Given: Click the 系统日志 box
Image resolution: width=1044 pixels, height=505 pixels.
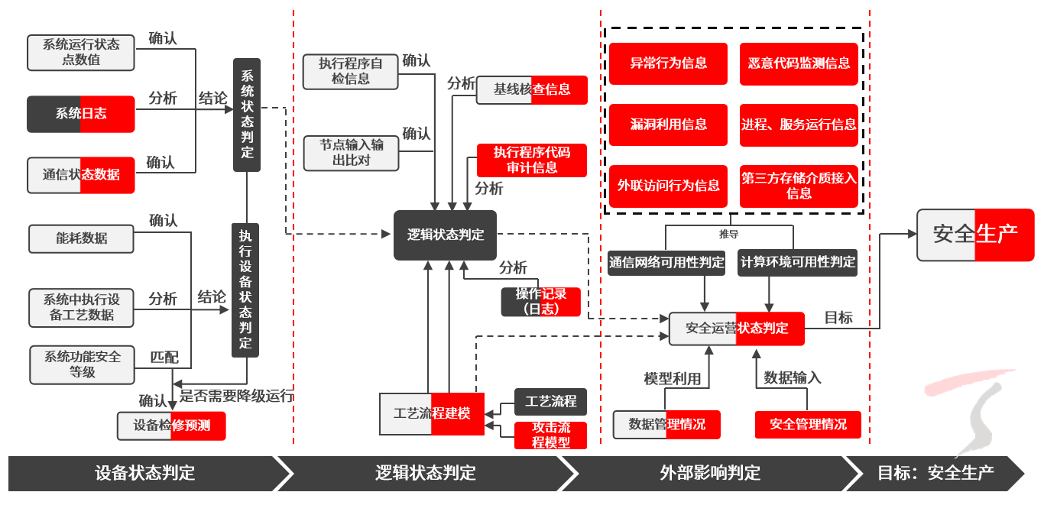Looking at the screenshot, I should pyautogui.click(x=81, y=114).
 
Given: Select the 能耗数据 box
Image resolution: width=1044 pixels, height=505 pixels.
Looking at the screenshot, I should pyautogui.click(x=81, y=238).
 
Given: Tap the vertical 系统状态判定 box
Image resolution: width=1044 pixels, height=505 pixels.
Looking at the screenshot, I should pyautogui.click(x=247, y=115).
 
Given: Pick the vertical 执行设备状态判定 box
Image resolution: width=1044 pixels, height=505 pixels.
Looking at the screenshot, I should pyautogui.click(x=245, y=290).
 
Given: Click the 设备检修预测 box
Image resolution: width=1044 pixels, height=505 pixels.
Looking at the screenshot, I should pyautogui.click(x=171, y=426).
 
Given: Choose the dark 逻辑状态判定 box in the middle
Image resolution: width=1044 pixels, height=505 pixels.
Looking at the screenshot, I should pyautogui.click(x=445, y=235).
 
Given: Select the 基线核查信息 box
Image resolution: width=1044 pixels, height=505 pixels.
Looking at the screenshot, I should pyautogui.click(x=532, y=89).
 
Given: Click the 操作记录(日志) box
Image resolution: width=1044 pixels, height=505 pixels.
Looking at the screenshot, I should pyautogui.click(x=540, y=302).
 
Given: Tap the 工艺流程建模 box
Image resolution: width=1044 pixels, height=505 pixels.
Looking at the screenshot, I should pyautogui.click(x=432, y=414).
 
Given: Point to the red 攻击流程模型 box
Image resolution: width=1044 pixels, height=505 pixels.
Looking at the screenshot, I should pyautogui.click(x=551, y=435).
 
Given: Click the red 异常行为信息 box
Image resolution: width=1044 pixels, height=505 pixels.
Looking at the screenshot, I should pyautogui.click(x=668, y=63).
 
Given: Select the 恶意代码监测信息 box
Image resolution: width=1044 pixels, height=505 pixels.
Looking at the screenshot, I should pyautogui.click(x=799, y=63).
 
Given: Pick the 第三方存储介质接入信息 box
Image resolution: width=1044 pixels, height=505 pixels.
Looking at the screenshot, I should pyautogui.click(x=799, y=186).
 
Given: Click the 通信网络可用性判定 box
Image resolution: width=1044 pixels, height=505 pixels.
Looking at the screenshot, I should pyautogui.click(x=666, y=262).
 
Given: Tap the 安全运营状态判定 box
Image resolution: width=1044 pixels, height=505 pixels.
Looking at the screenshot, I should pyautogui.click(x=737, y=329).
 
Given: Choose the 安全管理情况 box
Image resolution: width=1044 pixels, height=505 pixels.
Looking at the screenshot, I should pyautogui.click(x=808, y=424).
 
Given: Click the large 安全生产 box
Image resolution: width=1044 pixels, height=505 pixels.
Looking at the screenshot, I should pyautogui.click(x=975, y=235).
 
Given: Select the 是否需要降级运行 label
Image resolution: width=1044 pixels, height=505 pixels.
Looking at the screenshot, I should pyautogui.click(x=237, y=396).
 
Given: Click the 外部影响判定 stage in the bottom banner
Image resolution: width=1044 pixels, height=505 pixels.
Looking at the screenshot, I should pyautogui.click(x=710, y=473).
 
